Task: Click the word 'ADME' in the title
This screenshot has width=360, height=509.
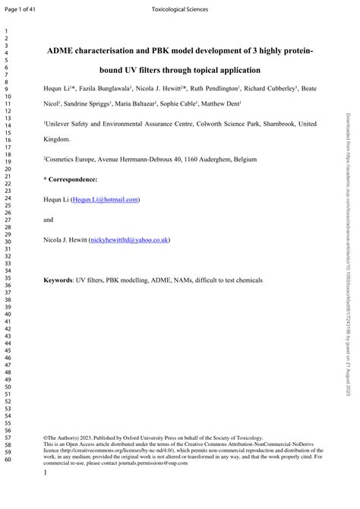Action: coord(62,51)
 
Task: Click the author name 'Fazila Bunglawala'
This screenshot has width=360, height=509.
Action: coord(103,89)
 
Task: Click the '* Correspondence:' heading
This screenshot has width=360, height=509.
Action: coord(70,179)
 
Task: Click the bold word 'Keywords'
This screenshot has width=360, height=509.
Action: coord(58,280)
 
